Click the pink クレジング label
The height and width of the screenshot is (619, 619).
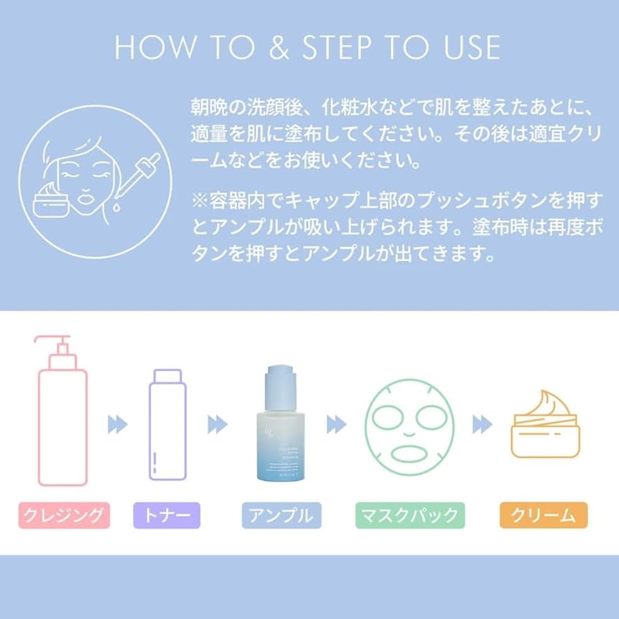click(64, 515)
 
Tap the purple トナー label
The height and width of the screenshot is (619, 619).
click(166, 515)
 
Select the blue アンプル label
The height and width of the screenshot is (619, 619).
click(282, 515)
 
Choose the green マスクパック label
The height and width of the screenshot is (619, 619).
click(410, 515)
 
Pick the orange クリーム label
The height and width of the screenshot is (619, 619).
click(543, 515)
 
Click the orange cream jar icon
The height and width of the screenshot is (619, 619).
click(544, 425)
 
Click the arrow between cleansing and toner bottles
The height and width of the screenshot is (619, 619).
click(118, 424)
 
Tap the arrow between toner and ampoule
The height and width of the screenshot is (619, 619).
click(217, 424)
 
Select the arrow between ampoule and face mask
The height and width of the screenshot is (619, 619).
click(337, 424)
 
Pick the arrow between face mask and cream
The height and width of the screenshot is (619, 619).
click(482, 424)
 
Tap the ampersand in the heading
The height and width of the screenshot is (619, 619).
click(281, 47)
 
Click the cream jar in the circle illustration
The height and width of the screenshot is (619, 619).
click(50, 201)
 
